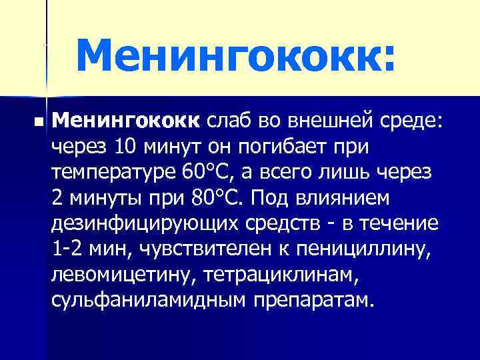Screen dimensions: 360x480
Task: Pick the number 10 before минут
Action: (x=126, y=146)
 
